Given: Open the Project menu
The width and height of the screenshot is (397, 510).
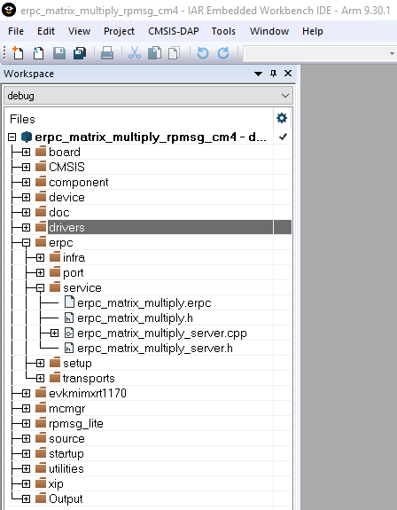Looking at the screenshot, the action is pos(119,31).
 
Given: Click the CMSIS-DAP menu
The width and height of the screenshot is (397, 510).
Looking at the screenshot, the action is pos(173,31).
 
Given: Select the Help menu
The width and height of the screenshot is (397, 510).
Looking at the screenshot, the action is pos(313,31).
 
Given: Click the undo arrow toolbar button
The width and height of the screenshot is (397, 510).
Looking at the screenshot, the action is pos(203,53).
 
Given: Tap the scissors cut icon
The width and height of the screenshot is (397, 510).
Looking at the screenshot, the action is pos(135,53).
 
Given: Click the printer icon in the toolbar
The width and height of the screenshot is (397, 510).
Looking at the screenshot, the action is pos(107,53).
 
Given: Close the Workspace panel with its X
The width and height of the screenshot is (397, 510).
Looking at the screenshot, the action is pos(288,74).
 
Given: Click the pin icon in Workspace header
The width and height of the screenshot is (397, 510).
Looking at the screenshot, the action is pos(273,74).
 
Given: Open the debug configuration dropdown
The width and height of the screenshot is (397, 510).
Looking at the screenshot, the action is pos(149,96).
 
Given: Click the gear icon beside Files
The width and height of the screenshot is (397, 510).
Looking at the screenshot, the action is pos(282,118).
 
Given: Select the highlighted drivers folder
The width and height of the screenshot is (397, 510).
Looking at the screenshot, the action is pos(66,227).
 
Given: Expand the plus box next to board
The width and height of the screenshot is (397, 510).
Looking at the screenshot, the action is pos(26,153).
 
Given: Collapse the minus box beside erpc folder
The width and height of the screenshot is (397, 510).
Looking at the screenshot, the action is pos(26,243).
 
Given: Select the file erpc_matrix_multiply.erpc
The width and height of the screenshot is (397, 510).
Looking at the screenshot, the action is pos(144,303).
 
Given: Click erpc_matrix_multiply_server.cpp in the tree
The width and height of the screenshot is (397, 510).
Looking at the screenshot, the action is pos(162,333).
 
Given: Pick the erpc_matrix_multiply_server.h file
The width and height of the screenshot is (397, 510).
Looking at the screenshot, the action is pos(155,349).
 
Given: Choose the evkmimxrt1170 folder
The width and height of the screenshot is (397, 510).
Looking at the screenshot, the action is pos(88,394).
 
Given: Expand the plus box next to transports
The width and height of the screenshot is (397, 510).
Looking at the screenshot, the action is pos(40,378).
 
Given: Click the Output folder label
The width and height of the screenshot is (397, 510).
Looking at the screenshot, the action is pos(66,499).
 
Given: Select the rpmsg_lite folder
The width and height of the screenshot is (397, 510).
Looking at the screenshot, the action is pos(76,424).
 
